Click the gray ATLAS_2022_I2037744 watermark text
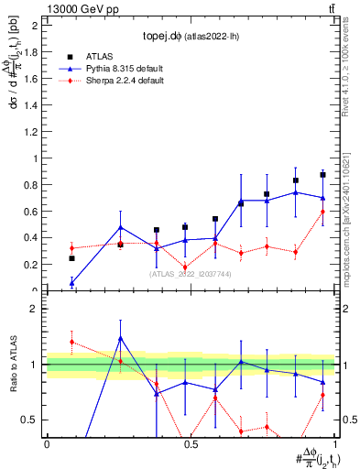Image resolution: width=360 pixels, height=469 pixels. (x=191, y=274)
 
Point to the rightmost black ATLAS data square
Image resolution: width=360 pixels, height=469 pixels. (x=322, y=174)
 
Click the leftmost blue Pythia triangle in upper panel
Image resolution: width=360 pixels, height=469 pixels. (x=72, y=283)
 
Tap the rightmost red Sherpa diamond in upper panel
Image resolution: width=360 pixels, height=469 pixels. (x=322, y=212)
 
